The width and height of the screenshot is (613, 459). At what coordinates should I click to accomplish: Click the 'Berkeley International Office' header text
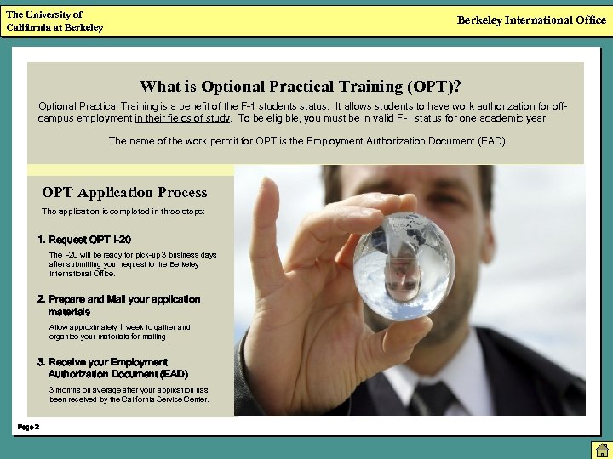[531, 20]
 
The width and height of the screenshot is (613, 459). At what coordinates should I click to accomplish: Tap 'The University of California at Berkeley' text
[54, 21]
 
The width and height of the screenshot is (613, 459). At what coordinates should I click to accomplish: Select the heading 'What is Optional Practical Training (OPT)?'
[301, 86]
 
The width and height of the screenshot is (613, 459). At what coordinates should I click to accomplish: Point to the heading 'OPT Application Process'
[124, 192]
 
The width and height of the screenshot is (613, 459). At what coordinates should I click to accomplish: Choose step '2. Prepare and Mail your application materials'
[118, 305]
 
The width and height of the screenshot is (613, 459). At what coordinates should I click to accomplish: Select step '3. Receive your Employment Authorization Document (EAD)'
[112, 367]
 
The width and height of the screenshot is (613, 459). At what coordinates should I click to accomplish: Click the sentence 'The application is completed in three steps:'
[123, 211]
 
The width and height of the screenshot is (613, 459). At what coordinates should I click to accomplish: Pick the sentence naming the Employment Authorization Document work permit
[308, 141]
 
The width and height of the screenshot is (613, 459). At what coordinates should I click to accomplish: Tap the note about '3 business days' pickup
[132, 263]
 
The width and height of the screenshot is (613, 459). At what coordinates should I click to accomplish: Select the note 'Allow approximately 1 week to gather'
[119, 331]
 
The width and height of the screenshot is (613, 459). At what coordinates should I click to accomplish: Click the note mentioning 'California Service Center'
[129, 394]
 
